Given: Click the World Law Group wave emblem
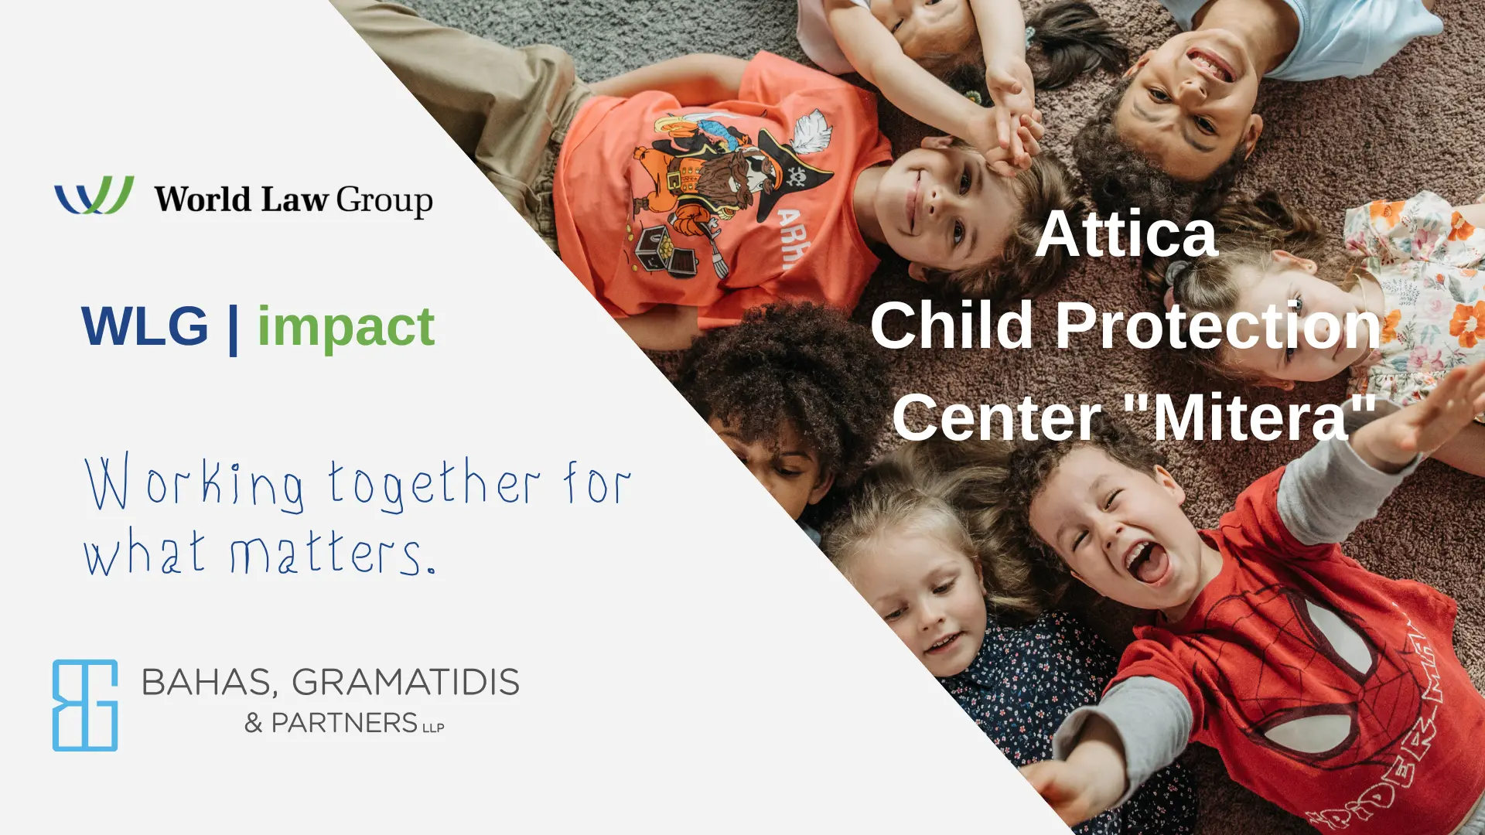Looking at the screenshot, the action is (94, 195).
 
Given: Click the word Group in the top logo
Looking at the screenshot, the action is (384, 201).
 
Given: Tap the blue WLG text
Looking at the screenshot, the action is (145, 325).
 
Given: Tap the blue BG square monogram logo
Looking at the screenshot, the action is (85, 705).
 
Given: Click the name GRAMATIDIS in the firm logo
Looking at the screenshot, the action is (405, 682).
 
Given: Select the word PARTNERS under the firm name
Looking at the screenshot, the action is (344, 723).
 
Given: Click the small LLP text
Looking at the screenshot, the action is (433, 728).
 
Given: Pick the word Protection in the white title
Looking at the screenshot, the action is (1218, 325).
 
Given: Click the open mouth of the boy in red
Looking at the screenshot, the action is (1148, 562).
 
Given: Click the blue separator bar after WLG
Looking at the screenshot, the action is (233, 328).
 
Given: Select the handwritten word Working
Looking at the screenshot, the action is (194, 484).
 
